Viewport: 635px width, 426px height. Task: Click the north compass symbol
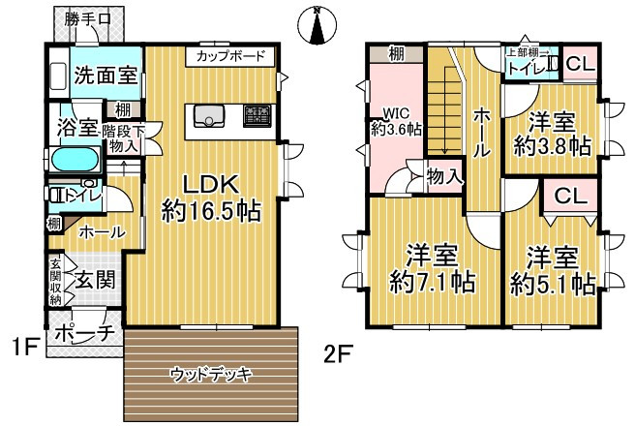[318, 25]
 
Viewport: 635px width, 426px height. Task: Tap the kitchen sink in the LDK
[209, 116]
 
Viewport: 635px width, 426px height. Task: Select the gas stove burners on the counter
[257, 116]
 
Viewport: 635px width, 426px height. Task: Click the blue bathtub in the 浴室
[76, 160]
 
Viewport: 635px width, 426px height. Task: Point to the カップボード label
[230, 56]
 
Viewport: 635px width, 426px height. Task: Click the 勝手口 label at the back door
[87, 18]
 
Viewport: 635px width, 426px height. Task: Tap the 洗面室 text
[106, 75]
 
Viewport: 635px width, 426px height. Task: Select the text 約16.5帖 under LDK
[211, 211]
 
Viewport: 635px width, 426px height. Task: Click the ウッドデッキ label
[211, 374]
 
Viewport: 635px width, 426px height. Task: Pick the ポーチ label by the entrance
[85, 333]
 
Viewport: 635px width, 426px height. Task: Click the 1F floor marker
[25, 347]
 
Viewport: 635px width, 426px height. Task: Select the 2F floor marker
[339, 353]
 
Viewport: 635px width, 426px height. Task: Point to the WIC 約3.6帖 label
[397, 121]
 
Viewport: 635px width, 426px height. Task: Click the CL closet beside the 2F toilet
[581, 64]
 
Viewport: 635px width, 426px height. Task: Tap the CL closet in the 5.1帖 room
[571, 196]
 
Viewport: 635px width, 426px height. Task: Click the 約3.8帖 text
[553, 146]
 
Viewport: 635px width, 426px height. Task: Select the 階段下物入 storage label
[122, 138]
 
